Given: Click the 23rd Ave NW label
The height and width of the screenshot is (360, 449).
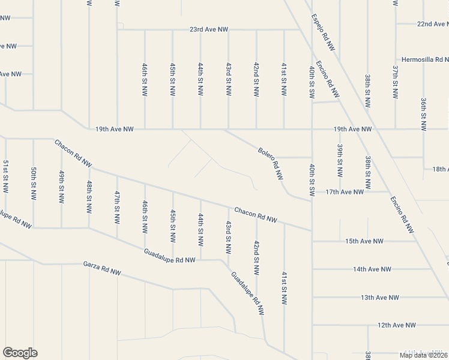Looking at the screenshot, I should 209,29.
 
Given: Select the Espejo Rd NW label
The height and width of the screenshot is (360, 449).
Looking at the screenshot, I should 323,31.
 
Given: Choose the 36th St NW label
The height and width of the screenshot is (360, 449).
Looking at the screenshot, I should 423,114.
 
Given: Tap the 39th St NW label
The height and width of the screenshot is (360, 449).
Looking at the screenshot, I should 340,160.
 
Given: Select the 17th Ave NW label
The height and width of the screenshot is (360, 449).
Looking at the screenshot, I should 345,192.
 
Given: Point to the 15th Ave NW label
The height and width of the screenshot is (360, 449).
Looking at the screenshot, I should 364,241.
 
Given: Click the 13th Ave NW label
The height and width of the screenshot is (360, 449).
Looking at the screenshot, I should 380,298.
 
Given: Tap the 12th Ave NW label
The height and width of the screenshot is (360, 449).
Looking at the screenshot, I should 397,325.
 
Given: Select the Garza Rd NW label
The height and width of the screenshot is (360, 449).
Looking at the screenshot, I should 102,268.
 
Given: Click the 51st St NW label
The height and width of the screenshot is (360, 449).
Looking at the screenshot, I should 5,176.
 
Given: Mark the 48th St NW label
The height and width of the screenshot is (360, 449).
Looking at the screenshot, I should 89,197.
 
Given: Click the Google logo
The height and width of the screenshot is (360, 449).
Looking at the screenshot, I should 20,353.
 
